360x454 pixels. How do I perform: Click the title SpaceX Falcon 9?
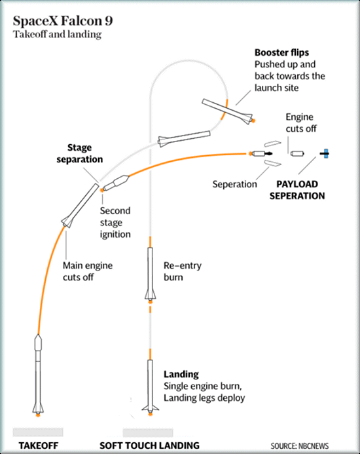(x=63, y=21)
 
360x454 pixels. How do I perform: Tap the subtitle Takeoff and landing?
(x=58, y=35)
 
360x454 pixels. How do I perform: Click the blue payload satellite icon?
(x=325, y=153)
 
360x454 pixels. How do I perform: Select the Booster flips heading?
(x=281, y=52)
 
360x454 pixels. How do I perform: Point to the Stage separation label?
(x=80, y=153)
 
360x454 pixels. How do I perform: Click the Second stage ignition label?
(x=115, y=222)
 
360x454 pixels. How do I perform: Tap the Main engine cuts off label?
(x=88, y=271)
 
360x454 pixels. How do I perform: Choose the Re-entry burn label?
(x=183, y=271)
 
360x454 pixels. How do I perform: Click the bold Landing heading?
(x=181, y=374)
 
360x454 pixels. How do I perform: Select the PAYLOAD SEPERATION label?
(x=297, y=190)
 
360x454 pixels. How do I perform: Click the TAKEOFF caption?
(x=39, y=445)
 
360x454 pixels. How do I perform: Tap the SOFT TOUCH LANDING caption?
(x=149, y=445)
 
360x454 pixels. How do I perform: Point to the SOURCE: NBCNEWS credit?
(x=300, y=446)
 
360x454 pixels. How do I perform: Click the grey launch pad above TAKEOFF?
(x=38, y=432)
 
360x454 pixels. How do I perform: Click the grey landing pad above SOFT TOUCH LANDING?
(x=148, y=432)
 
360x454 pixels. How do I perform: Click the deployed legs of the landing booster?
(x=150, y=408)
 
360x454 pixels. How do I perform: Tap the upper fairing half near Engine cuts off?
(x=272, y=143)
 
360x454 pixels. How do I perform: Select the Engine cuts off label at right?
(x=301, y=123)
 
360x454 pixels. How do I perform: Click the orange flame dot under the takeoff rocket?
(x=38, y=415)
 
